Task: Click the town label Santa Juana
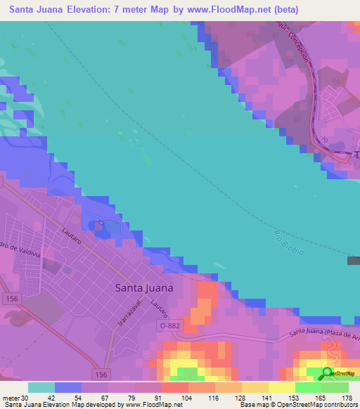tap(143, 287)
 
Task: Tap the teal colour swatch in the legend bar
tap(41, 387)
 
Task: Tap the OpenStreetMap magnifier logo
tap(328, 374)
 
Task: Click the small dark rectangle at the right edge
tap(353, 261)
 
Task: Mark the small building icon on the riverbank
tap(102, 225)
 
